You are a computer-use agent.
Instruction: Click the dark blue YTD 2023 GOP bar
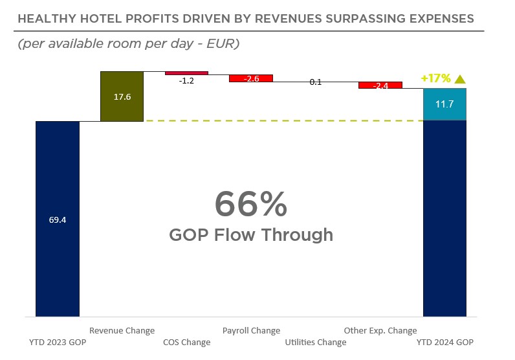click(x=58, y=259)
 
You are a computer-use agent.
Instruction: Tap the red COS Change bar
click(x=186, y=73)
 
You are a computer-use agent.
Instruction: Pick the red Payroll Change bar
click(x=250, y=78)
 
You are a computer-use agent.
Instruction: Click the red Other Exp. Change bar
click(x=380, y=85)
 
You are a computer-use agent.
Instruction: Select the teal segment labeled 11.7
click(x=444, y=104)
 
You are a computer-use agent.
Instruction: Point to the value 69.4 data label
click(x=58, y=219)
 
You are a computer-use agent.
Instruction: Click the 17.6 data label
click(x=122, y=96)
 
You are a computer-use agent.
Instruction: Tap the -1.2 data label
click(x=186, y=82)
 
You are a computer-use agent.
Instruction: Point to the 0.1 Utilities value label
click(x=315, y=82)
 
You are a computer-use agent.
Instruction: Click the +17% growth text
click(x=435, y=78)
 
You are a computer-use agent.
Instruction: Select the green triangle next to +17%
click(x=460, y=79)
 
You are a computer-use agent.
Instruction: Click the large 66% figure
click(x=250, y=205)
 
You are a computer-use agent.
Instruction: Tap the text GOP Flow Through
click(x=251, y=234)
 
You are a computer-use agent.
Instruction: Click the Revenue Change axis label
click(x=122, y=330)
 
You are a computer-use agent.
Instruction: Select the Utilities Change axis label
click(x=316, y=342)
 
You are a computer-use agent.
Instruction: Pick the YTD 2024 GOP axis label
click(x=444, y=342)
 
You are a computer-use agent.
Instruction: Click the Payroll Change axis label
click(x=251, y=330)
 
